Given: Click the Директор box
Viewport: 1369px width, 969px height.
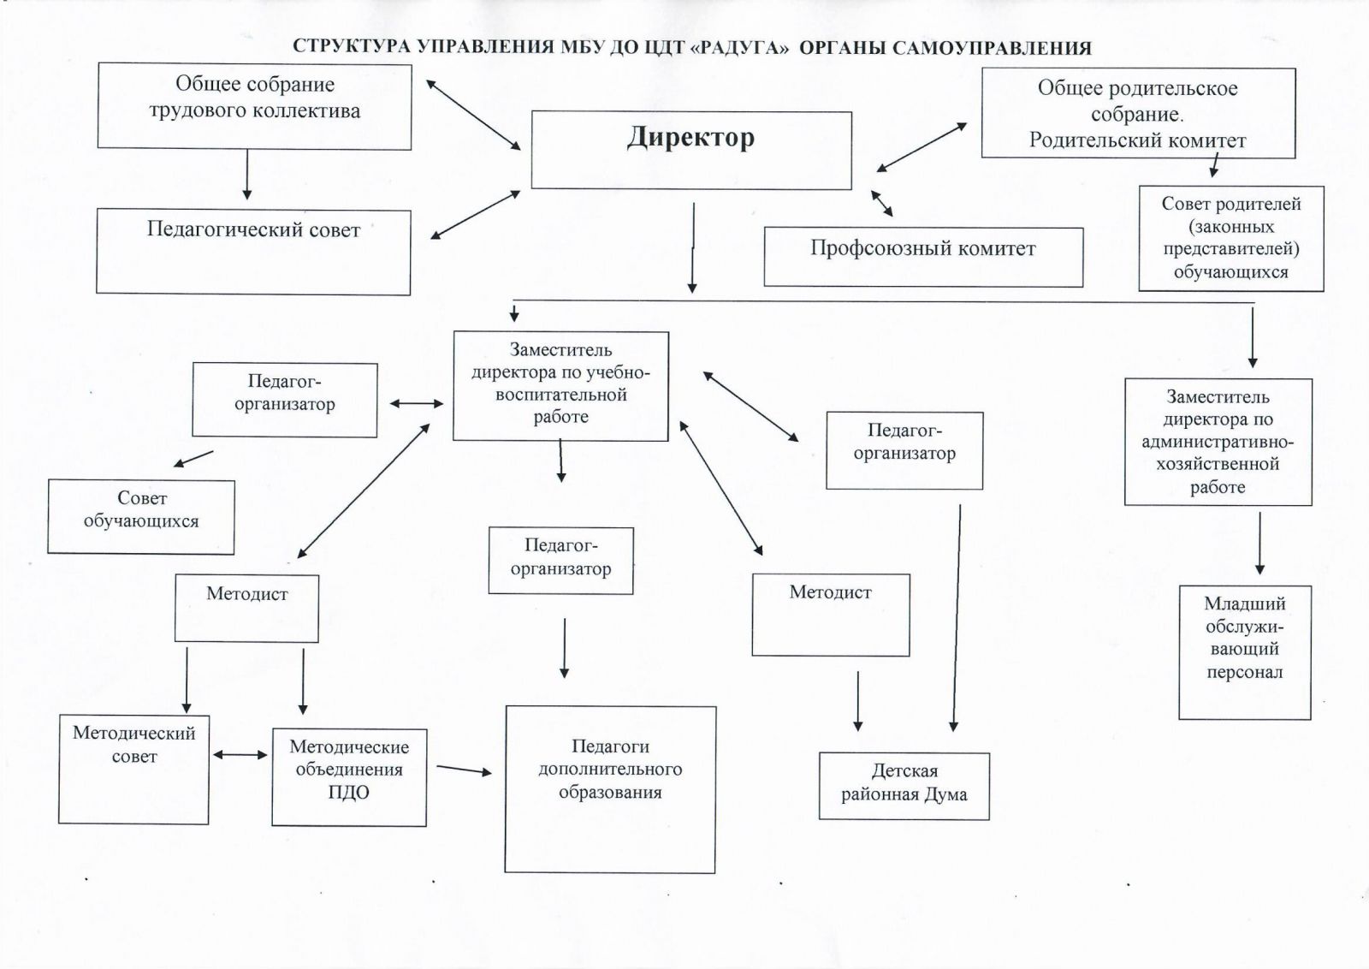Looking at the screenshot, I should pos(691,151).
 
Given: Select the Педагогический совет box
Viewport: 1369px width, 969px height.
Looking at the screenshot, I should pos(253,252).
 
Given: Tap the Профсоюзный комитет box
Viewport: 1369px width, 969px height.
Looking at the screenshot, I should pos(923,257).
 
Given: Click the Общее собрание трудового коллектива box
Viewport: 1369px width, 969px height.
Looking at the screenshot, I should pos(254,105).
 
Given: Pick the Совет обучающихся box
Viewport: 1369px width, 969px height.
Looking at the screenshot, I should pos(141,516).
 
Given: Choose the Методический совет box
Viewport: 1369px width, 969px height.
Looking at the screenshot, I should pos(133,770).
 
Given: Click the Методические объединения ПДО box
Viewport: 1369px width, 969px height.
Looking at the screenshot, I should pos(349,776).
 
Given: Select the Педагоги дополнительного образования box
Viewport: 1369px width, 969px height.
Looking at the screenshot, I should pos(610,788).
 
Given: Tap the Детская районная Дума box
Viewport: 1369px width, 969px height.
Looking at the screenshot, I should pos(904,786).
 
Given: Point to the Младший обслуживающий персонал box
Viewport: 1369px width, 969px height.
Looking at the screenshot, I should pos(1245,652).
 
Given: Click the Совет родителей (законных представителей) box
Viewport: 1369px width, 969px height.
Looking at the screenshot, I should pos(1231,239).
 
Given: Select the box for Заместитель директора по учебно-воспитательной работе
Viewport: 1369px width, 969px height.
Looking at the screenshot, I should pos(560,386).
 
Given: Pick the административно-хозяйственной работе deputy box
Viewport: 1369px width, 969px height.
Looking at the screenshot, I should pos(1218,442).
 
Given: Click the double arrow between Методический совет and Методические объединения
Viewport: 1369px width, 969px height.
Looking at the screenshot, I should pos(240,754).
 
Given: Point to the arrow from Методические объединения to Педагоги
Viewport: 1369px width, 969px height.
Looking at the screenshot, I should pos(465,770).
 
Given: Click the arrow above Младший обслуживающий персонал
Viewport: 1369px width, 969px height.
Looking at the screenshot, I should pos(1259,543).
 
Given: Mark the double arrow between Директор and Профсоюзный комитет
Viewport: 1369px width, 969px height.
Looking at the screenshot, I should pos(882,203).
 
